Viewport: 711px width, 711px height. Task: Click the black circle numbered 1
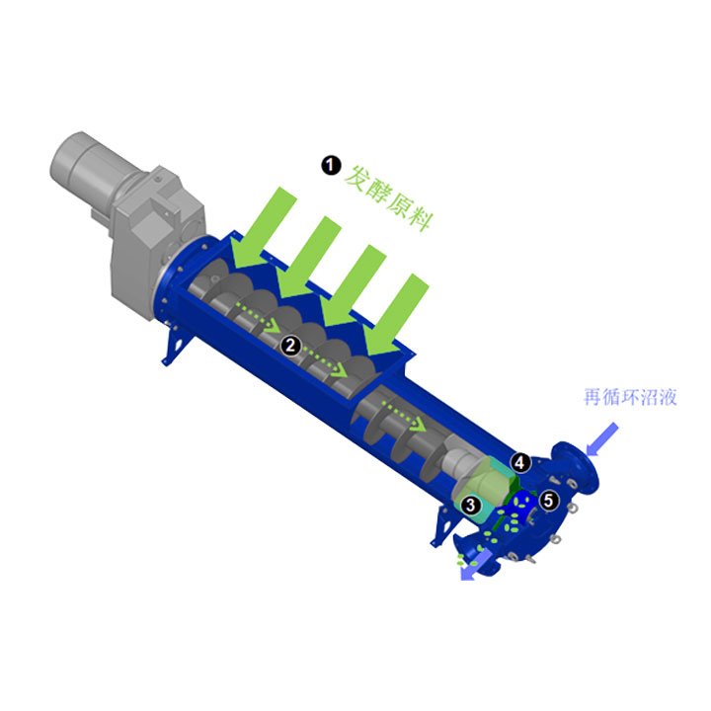tap(331, 166)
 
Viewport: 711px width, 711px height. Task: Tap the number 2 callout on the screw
tap(290, 345)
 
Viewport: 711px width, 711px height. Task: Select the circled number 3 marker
tap(470, 505)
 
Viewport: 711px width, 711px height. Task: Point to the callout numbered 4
tap(520, 462)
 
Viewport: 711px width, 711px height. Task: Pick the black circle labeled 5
tap(549, 501)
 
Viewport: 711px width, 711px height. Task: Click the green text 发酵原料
tap(389, 198)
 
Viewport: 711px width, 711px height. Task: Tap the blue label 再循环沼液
tap(630, 397)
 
